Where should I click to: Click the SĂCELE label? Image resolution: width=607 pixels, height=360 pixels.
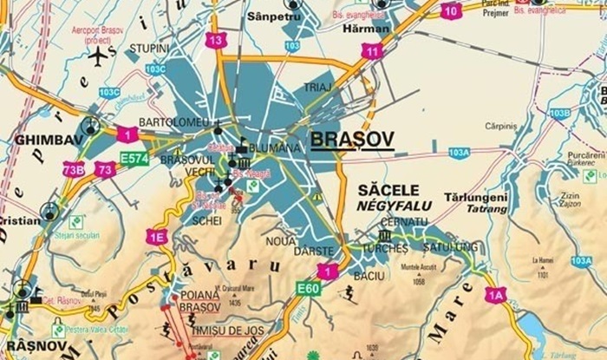[x=388, y=190]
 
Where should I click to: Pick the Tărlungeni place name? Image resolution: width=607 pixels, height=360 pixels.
[x=475, y=197]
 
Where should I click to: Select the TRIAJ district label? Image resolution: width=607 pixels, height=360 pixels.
[x=318, y=88]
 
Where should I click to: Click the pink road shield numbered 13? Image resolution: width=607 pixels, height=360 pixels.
[x=217, y=40]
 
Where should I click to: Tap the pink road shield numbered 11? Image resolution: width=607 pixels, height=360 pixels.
[x=373, y=51]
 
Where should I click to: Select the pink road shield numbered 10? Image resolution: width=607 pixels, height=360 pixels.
[x=451, y=10]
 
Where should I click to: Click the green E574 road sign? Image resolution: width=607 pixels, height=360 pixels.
[x=134, y=158]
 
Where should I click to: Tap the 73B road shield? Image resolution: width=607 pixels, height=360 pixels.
[x=73, y=169]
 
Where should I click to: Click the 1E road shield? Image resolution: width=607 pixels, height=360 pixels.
[x=156, y=237]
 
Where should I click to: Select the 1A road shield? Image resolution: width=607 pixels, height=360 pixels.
[x=496, y=294]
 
